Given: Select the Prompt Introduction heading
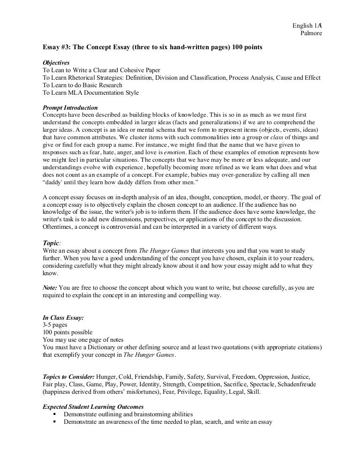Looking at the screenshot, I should (70, 107).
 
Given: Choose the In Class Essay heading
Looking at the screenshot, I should (63, 317).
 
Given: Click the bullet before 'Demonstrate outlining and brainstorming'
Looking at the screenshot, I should (55, 414).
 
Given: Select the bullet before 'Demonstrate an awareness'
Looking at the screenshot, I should (55, 422).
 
